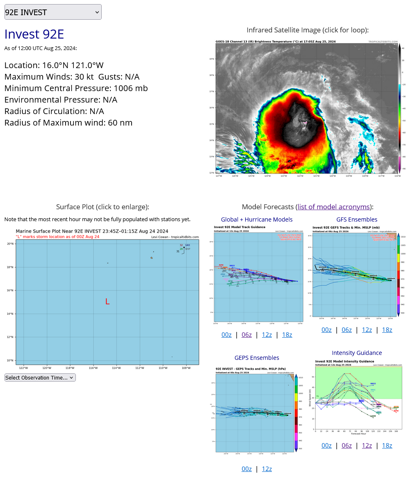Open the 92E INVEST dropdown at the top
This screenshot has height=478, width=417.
pyautogui.click(x=52, y=12)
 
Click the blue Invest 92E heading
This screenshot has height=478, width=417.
pyautogui.click(x=34, y=34)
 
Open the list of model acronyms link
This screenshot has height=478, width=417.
pyautogui.click(x=334, y=206)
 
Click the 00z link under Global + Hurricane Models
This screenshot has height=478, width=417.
pyautogui.click(x=226, y=334)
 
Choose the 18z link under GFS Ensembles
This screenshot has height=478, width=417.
pyautogui.click(x=387, y=329)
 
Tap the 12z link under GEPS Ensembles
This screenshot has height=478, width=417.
pyautogui.click(x=267, y=469)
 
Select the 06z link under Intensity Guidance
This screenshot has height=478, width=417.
pyautogui.click(x=346, y=446)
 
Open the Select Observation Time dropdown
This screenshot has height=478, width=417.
pyautogui.click(x=40, y=377)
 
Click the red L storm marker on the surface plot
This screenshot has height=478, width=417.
pyautogui.click(x=107, y=302)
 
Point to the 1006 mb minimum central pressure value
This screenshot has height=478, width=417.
pyautogui.click(x=130, y=88)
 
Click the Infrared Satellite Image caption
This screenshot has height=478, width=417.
pyautogui.click(x=307, y=30)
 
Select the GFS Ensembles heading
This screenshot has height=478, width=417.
pyautogui.click(x=356, y=220)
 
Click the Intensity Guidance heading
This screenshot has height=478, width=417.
pyautogui.click(x=356, y=353)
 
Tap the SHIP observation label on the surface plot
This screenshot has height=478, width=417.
pyautogui.click(x=187, y=249)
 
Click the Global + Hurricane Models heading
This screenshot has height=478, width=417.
pyautogui.click(x=257, y=220)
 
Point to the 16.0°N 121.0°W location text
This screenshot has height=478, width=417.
pyautogui.click(x=73, y=65)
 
